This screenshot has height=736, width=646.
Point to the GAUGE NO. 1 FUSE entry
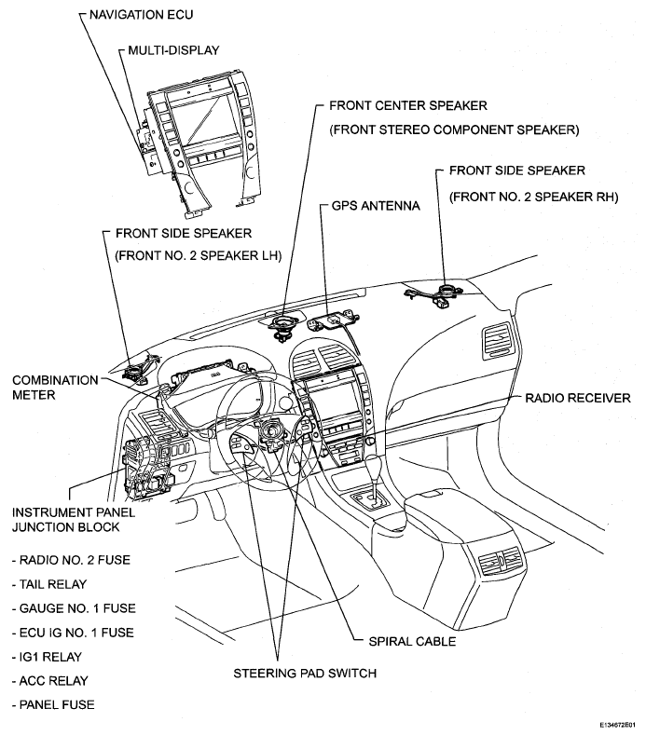[74, 607]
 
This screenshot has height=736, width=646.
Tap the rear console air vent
[502, 561]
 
